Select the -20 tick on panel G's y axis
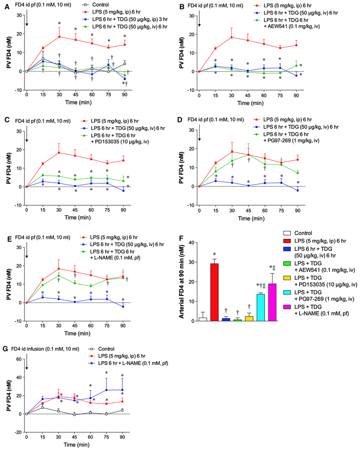click(x=20, y=432)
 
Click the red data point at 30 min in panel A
click(x=59, y=37)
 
